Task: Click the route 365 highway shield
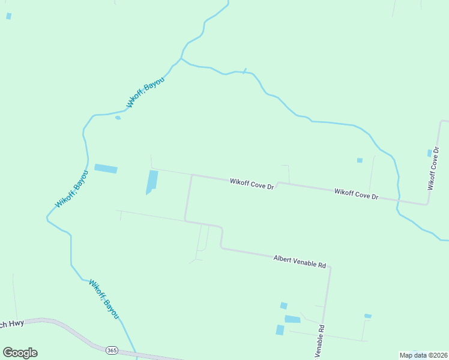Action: (111, 350)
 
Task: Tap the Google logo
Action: (20, 352)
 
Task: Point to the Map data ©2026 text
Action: (424, 355)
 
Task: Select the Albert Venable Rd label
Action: (299, 261)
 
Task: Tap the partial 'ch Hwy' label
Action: (11, 325)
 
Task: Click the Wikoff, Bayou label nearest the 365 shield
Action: (104, 299)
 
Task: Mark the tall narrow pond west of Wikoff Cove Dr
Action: (152, 181)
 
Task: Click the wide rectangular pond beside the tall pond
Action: (106, 169)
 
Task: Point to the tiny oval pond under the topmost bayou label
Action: (118, 118)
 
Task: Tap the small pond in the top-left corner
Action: (8, 16)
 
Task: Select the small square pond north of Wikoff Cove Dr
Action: (360, 160)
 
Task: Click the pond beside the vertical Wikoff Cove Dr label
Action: (430, 153)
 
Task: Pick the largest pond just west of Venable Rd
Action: (292, 319)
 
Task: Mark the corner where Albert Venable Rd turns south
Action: (330, 268)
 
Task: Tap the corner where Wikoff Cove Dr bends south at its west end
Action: (191, 176)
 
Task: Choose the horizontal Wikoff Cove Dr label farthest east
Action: (357, 194)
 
